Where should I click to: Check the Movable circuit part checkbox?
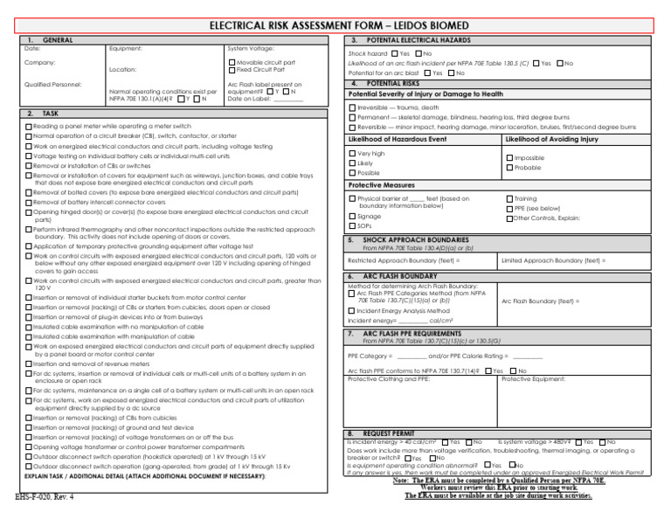click(x=232, y=63)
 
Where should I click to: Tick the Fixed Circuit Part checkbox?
click(x=232, y=70)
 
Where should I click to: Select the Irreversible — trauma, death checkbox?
click(x=352, y=107)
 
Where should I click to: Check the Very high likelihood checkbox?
click(x=352, y=154)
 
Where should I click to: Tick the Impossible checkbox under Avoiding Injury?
click(x=509, y=158)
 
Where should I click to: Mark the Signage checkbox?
click(x=352, y=216)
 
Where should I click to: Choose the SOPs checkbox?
click(x=352, y=225)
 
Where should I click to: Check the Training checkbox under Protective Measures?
click(x=509, y=199)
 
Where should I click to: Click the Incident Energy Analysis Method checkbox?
click(x=352, y=311)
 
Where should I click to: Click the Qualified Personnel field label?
click(x=53, y=84)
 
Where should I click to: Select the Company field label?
click(x=38, y=63)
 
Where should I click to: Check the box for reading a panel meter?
click(x=29, y=127)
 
